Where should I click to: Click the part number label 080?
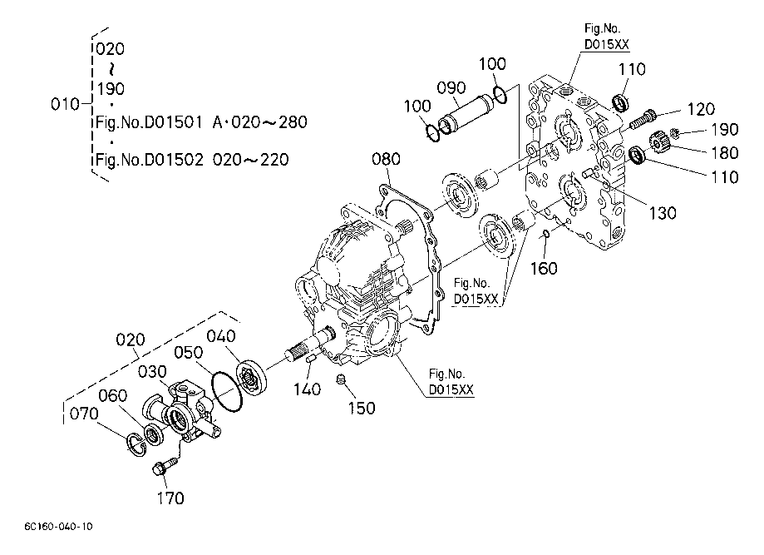coord(387,159)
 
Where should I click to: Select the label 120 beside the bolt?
coord(701,110)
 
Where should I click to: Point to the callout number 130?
coord(663,214)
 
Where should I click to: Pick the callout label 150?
coord(360,408)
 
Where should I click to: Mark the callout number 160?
coord(545,268)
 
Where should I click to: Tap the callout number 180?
coord(702,152)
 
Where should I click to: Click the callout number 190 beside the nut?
coord(724,130)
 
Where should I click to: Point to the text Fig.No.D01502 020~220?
coord(193,160)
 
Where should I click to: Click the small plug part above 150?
coord(340,380)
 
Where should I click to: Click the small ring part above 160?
coord(545,233)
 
